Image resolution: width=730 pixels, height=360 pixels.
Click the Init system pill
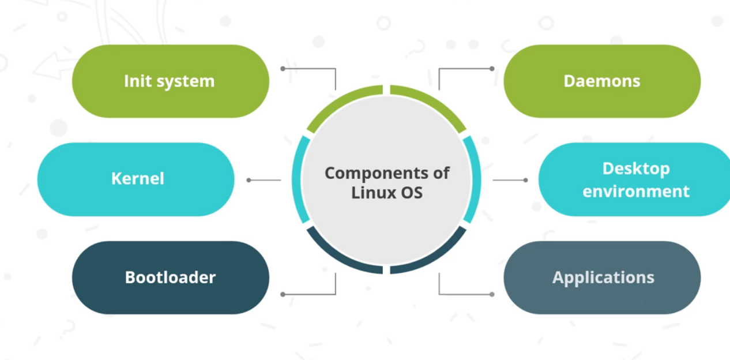[x=170, y=81]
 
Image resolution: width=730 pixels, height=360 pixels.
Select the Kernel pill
[x=136, y=179]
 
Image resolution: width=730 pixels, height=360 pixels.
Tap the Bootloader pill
[x=170, y=277]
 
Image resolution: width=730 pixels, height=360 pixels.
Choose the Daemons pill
[x=602, y=81]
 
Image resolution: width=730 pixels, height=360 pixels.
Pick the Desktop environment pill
[x=634, y=179]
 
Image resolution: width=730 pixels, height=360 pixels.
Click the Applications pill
[x=602, y=277]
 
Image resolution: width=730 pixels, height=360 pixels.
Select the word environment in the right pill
[x=635, y=191]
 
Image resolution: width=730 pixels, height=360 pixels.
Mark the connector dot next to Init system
[x=283, y=69]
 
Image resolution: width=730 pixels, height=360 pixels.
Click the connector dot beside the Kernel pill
[x=249, y=180]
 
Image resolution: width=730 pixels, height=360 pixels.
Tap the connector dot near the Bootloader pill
[x=283, y=294]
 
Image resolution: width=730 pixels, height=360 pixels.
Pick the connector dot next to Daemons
[x=492, y=69]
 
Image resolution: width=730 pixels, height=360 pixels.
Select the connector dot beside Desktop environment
[x=525, y=180]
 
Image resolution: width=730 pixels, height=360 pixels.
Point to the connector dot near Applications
[x=492, y=294]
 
